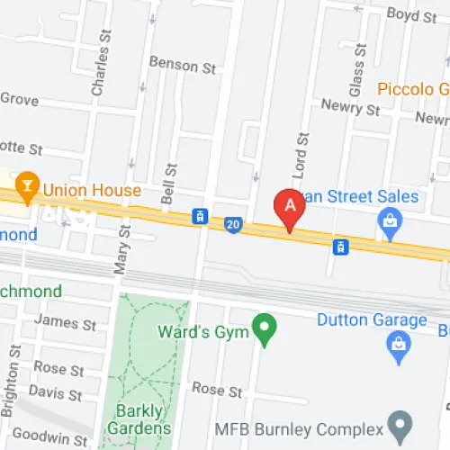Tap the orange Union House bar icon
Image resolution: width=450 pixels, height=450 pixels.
point(30,190)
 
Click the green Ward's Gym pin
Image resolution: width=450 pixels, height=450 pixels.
point(264,328)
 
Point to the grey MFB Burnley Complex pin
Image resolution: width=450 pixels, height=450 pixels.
point(399,421)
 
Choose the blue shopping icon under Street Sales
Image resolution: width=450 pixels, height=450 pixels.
point(390,221)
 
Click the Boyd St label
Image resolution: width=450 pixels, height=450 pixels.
point(410,13)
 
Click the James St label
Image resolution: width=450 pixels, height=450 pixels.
point(64,322)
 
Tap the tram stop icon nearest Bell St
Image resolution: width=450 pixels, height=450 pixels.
point(200,217)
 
